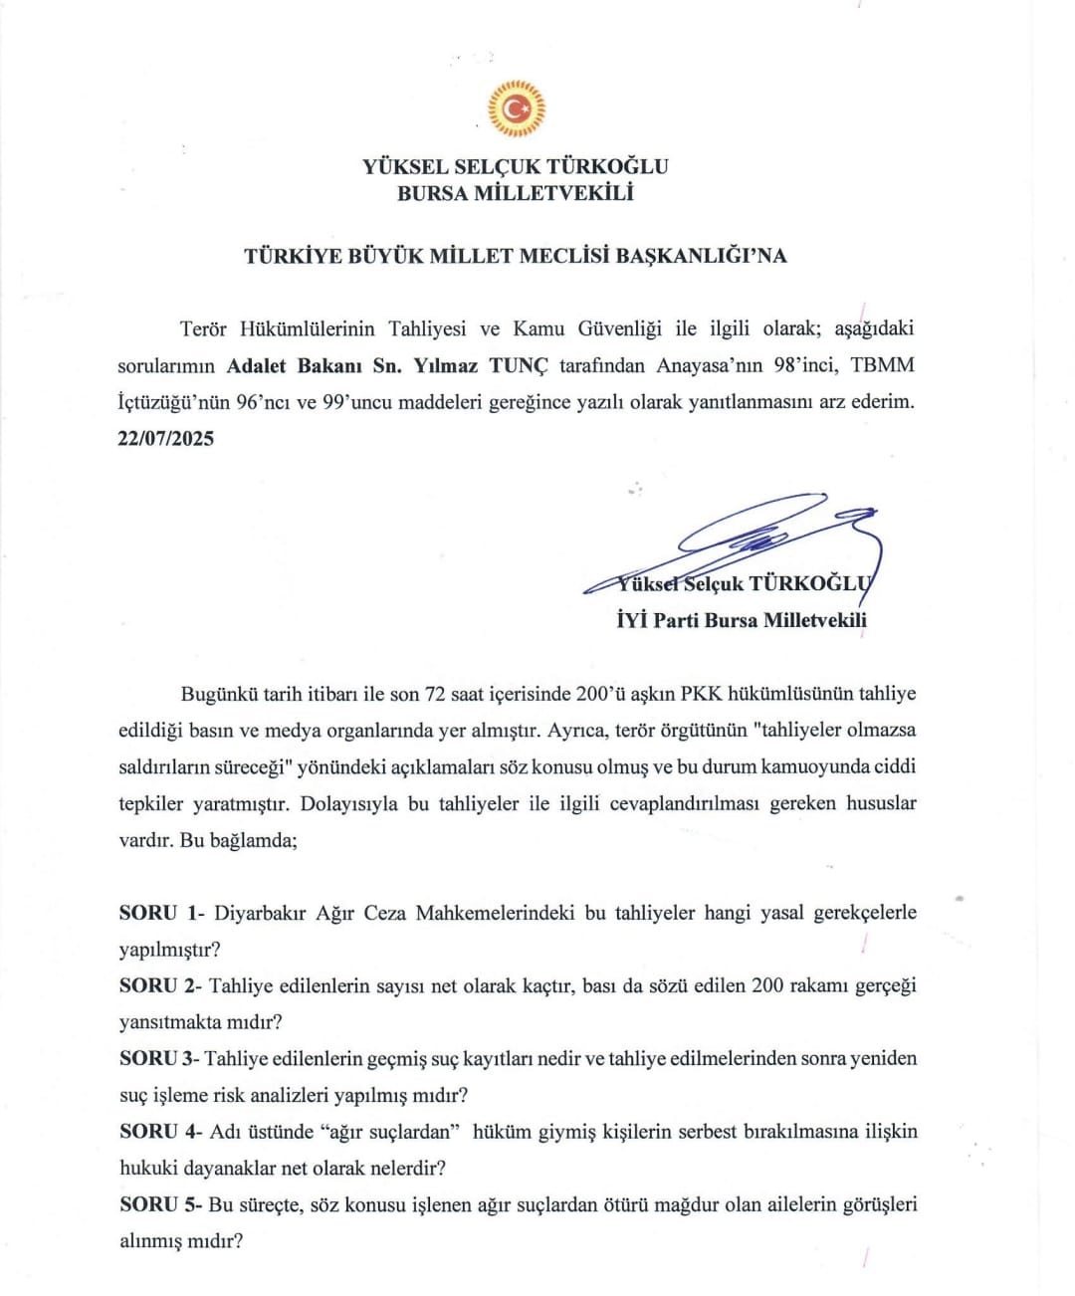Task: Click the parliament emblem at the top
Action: (x=516, y=108)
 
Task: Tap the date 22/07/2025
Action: (x=166, y=439)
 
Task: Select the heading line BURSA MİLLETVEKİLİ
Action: (x=515, y=193)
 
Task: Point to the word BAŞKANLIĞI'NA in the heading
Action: (x=701, y=256)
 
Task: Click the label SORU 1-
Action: (x=160, y=913)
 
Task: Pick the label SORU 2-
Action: (x=160, y=985)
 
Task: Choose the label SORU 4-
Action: (x=160, y=1131)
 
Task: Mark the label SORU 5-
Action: (x=160, y=1204)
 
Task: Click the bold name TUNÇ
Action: (x=519, y=365)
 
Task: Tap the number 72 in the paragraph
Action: (x=435, y=694)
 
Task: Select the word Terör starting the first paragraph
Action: (x=203, y=328)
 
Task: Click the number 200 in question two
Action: (x=767, y=985)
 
